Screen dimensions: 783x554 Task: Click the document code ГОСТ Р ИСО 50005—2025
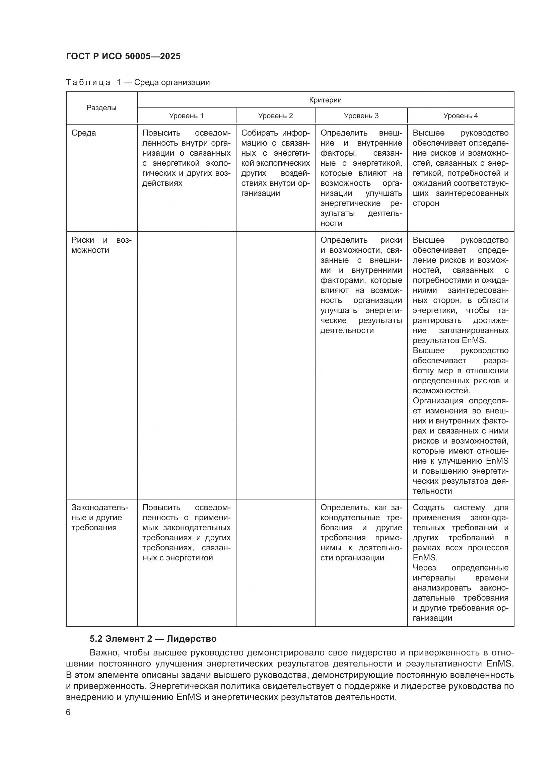[x=123, y=56]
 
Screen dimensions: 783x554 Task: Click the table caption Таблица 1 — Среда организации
[x=138, y=82]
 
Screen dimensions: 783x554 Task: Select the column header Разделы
[x=101, y=108]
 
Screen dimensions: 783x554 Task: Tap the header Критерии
[x=325, y=100]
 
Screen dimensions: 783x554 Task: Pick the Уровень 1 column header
[x=186, y=115]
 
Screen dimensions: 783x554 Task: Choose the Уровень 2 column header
[x=275, y=115]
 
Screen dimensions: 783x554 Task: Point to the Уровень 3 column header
[x=361, y=115]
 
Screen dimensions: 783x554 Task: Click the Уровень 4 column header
[x=460, y=115]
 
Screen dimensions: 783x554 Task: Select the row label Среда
[x=84, y=133]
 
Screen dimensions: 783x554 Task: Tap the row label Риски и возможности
[x=101, y=245]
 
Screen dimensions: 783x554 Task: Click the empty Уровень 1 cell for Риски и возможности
[x=186, y=365]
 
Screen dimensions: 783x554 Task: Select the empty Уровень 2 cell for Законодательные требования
[x=275, y=563]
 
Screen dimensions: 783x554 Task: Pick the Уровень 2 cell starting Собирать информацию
[x=275, y=163]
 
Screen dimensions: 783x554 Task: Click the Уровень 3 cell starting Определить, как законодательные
[x=361, y=532]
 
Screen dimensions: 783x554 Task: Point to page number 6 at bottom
[x=68, y=712]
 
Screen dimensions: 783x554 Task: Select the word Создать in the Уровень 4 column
[x=428, y=507]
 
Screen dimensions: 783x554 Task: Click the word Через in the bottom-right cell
[x=424, y=568]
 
